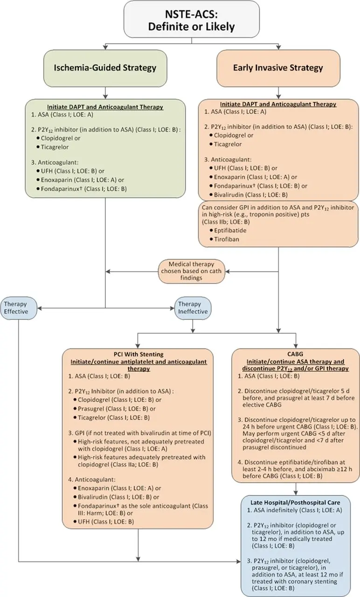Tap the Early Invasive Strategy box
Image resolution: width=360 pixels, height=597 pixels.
coord(278,68)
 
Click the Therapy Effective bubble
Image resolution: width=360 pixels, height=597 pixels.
coord(16,307)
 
